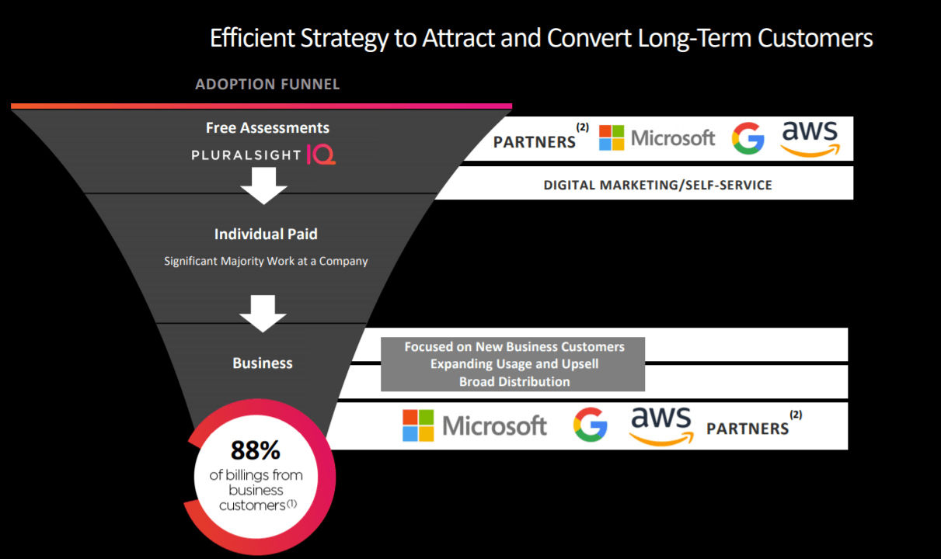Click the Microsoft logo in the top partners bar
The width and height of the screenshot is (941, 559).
(657, 138)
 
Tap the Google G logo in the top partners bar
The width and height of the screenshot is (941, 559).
(748, 138)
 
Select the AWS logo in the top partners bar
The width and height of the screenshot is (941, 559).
(810, 137)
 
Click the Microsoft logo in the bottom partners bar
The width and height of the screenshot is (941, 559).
(475, 425)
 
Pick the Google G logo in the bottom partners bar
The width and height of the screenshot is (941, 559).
(591, 425)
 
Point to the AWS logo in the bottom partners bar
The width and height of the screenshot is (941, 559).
(660, 425)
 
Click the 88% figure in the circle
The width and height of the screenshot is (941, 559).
(255, 450)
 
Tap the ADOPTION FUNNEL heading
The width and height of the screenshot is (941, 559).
(267, 84)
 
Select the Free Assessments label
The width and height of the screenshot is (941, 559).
(267, 128)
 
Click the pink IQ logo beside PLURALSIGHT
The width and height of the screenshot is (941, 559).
(322, 155)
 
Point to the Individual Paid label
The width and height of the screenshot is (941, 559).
(266, 234)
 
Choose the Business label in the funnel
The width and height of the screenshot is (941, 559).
(263, 363)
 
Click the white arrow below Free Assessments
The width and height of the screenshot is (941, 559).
(264, 186)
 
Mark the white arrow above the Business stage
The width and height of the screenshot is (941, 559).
(263, 312)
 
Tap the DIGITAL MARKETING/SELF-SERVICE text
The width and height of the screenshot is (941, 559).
(657, 185)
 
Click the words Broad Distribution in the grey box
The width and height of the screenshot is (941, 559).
(514, 381)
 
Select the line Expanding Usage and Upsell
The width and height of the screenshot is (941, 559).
(514, 363)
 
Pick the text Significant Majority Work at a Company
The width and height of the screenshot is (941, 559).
(266, 261)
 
